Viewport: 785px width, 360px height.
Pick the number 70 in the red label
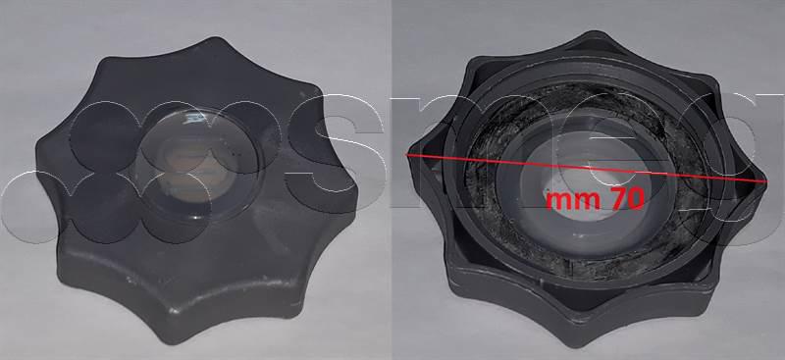(626, 200)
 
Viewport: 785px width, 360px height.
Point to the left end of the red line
(408, 152)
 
